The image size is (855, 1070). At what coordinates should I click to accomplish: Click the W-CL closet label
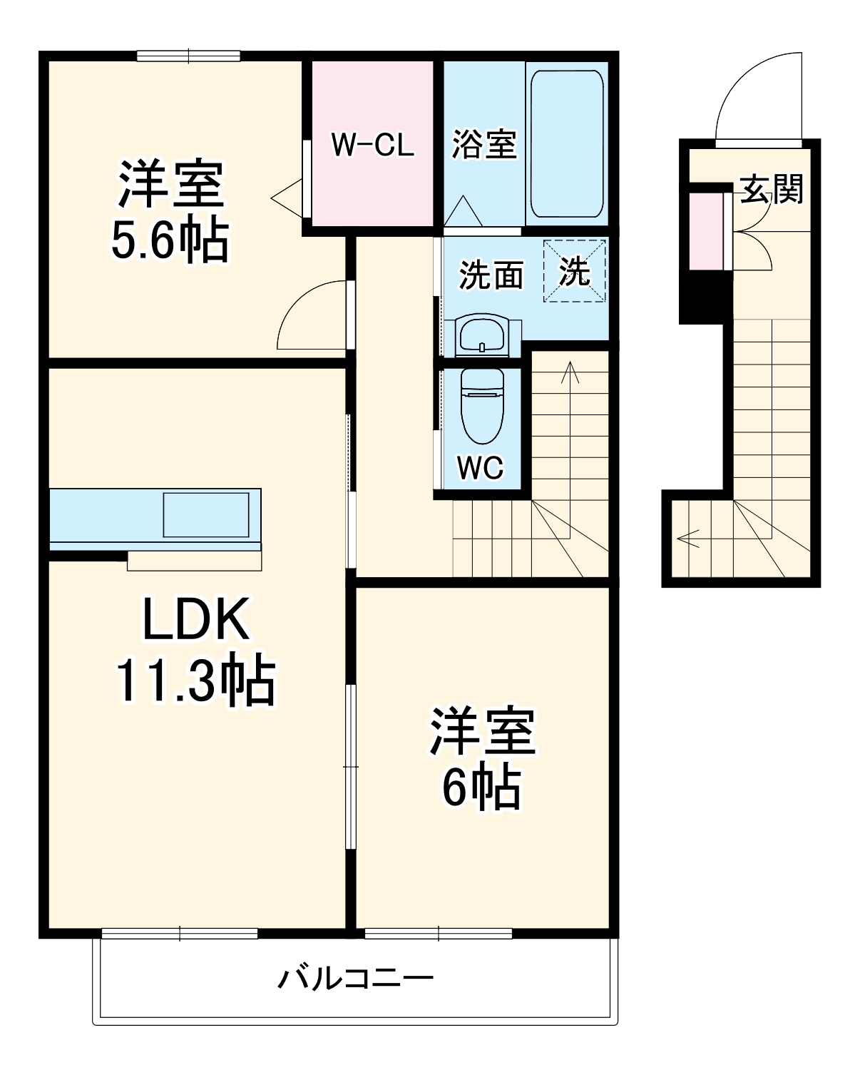tap(372, 145)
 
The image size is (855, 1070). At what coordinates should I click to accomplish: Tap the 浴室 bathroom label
tap(484, 145)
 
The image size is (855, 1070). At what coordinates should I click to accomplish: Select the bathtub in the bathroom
tap(567, 145)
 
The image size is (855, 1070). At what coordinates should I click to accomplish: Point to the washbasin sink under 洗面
tap(482, 335)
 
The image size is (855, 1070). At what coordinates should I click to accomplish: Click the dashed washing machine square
tap(575, 271)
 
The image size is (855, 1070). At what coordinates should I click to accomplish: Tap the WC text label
tap(480, 468)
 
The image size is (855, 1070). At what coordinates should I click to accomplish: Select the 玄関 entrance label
tap(772, 189)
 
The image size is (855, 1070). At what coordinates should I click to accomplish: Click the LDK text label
tap(196, 619)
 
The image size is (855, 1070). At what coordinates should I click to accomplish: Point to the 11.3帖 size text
tap(195, 681)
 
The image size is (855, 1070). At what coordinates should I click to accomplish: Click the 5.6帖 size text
tap(170, 240)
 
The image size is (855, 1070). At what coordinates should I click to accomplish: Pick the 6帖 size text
tap(481, 787)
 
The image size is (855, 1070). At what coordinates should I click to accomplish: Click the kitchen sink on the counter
tap(206, 514)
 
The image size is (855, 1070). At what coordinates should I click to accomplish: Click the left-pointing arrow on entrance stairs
tap(689, 539)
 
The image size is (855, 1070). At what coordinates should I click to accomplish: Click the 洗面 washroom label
tap(491, 275)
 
